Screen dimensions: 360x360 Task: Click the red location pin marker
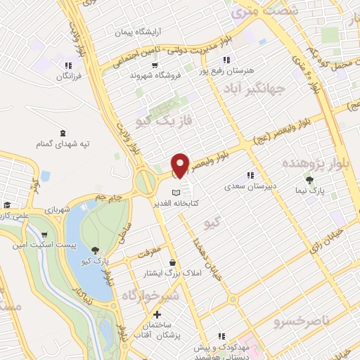point(180,165)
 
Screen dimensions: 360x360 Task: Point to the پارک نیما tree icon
point(309,181)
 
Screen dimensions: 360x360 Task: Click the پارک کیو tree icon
point(96,250)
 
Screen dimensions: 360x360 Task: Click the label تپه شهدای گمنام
point(65,144)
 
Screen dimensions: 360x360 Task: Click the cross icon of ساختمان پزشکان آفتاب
point(155,314)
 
